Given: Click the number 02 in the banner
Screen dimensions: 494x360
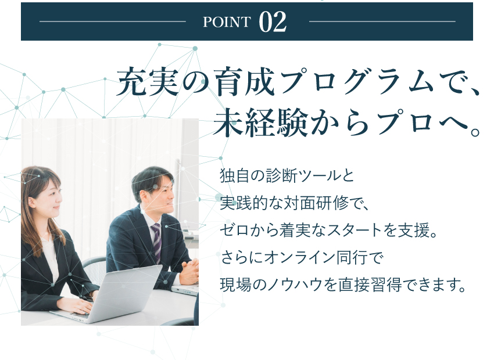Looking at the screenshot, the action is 273,21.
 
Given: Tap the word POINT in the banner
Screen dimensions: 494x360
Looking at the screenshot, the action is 227,22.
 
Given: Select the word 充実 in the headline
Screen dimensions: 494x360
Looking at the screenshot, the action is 148,82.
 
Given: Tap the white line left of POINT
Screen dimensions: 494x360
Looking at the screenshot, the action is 113,21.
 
